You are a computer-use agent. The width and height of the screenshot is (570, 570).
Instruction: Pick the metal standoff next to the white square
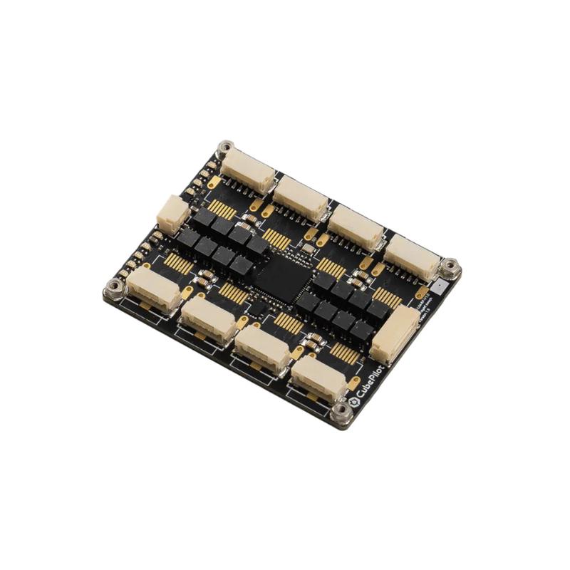pos(450,267)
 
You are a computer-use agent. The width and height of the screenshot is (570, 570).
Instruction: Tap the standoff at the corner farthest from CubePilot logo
pos(226,148)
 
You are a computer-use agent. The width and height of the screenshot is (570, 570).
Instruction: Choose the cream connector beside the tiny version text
pos(394,335)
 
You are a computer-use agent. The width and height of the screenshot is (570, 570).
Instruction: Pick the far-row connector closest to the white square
pos(413,257)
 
